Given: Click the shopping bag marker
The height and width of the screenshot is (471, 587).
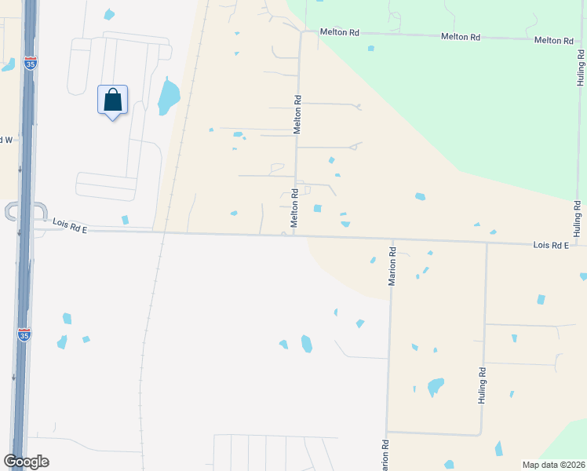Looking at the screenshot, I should (x=112, y=100).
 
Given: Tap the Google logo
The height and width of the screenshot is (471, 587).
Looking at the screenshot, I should (x=26, y=462).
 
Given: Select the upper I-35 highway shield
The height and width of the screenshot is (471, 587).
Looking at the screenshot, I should (x=30, y=62).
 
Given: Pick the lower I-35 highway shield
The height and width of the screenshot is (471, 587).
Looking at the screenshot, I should (x=24, y=335).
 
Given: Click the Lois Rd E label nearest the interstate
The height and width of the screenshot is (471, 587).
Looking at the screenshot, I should (x=70, y=225).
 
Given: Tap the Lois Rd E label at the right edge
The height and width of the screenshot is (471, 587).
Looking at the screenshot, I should (x=549, y=246).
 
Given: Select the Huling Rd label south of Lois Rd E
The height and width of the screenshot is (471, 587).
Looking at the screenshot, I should (x=483, y=385).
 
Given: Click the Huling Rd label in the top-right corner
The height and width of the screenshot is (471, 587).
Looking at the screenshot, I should (x=580, y=68).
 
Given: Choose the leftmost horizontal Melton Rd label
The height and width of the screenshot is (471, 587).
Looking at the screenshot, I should (x=340, y=32).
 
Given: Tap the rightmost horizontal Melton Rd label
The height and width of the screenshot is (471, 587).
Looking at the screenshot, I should (x=553, y=40).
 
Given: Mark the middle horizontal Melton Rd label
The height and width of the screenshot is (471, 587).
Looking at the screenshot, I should (x=461, y=37).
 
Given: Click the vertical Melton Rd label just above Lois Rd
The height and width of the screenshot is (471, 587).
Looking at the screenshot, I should (x=294, y=208).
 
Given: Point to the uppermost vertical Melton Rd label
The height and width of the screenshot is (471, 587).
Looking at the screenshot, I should (x=297, y=115).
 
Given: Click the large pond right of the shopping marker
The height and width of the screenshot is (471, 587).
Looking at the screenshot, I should (x=169, y=97).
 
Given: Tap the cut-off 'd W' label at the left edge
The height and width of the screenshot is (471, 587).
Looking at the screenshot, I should (x=6, y=140).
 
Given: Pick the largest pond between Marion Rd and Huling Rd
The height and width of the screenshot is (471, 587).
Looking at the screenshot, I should (x=435, y=386).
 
